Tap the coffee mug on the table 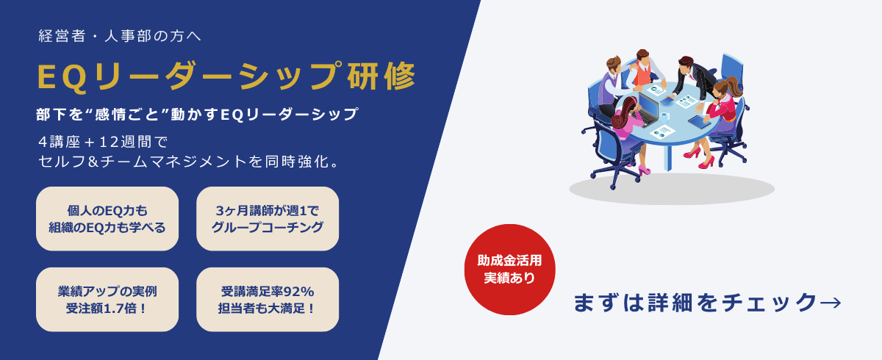click(664, 117)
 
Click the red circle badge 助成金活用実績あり click(510, 270)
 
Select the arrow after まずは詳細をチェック click(831, 303)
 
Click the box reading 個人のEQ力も click(107, 219)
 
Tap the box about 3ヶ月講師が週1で click(268, 219)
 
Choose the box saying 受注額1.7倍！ click(107, 300)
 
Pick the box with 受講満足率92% click(268, 300)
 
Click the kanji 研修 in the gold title click(381, 76)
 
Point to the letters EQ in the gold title click(62, 77)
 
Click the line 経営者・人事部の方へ click(120, 36)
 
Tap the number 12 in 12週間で click(107, 142)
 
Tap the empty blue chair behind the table click(731, 71)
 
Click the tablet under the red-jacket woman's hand click(699, 121)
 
